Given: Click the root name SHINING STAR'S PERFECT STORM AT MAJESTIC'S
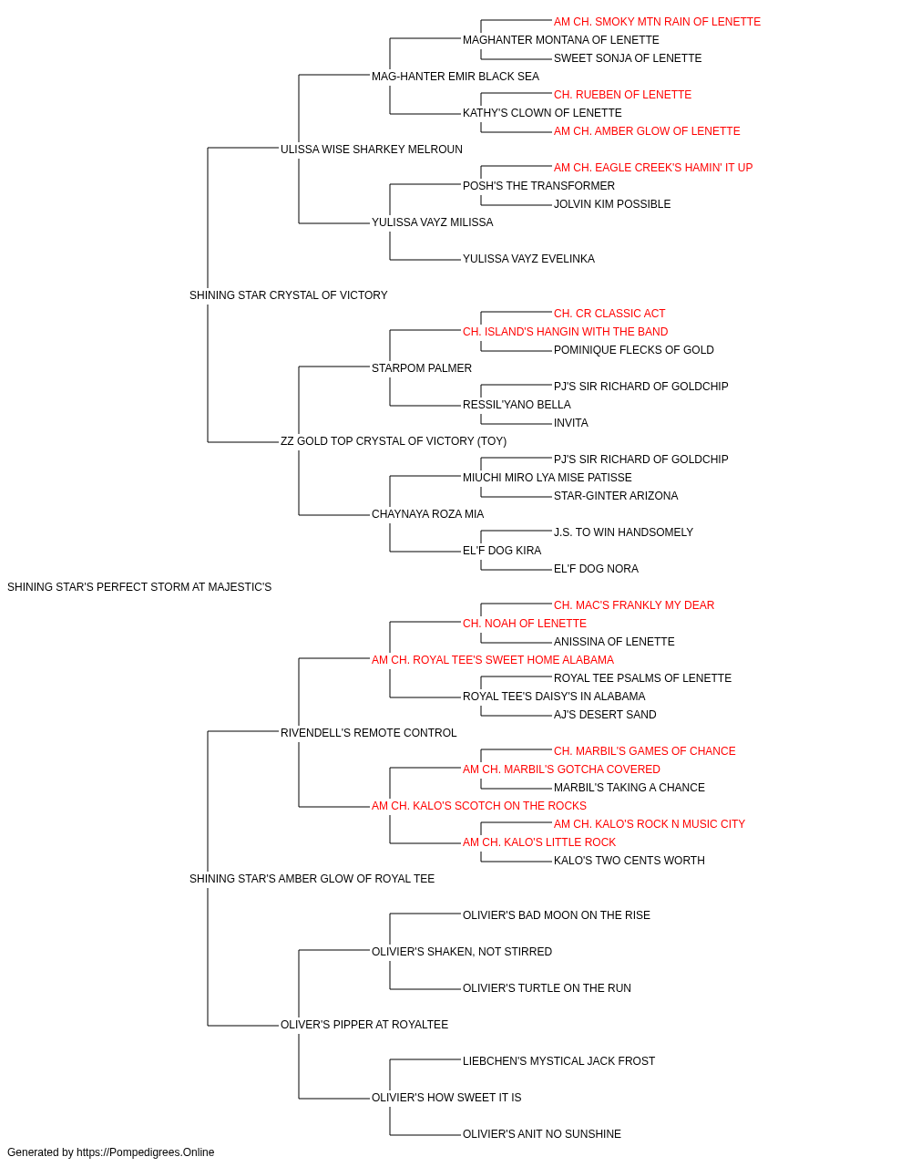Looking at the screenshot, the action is (139, 587).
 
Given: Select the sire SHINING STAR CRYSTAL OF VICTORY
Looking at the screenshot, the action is (288, 295).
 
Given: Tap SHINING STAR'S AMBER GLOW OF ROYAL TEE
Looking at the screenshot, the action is (312, 879).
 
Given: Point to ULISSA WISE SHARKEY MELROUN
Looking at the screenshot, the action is (372, 150).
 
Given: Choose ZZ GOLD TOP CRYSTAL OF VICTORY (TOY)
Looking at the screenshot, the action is (394, 441).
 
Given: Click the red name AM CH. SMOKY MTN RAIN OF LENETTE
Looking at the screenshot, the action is (657, 22).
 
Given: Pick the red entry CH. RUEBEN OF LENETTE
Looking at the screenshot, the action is (622, 95).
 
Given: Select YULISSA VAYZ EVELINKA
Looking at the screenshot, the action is (528, 259).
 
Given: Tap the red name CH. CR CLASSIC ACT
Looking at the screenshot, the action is (609, 314).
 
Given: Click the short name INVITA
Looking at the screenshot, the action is (571, 423).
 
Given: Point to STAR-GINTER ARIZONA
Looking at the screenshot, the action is (616, 496).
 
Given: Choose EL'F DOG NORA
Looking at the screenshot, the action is (596, 569).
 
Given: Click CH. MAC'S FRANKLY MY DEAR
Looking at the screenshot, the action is (634, 605).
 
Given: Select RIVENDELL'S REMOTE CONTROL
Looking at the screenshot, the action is (369, 733).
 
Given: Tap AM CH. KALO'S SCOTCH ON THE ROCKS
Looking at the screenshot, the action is (479, 806).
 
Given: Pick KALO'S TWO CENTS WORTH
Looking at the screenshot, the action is (630, 861).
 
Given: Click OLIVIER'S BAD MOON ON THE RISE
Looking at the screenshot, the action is (557, 915).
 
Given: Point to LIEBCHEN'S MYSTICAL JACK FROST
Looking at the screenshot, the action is (558, 1061).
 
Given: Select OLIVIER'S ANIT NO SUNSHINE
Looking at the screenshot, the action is (542, 1133).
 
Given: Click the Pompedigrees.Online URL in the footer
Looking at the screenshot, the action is (146, 1152).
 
